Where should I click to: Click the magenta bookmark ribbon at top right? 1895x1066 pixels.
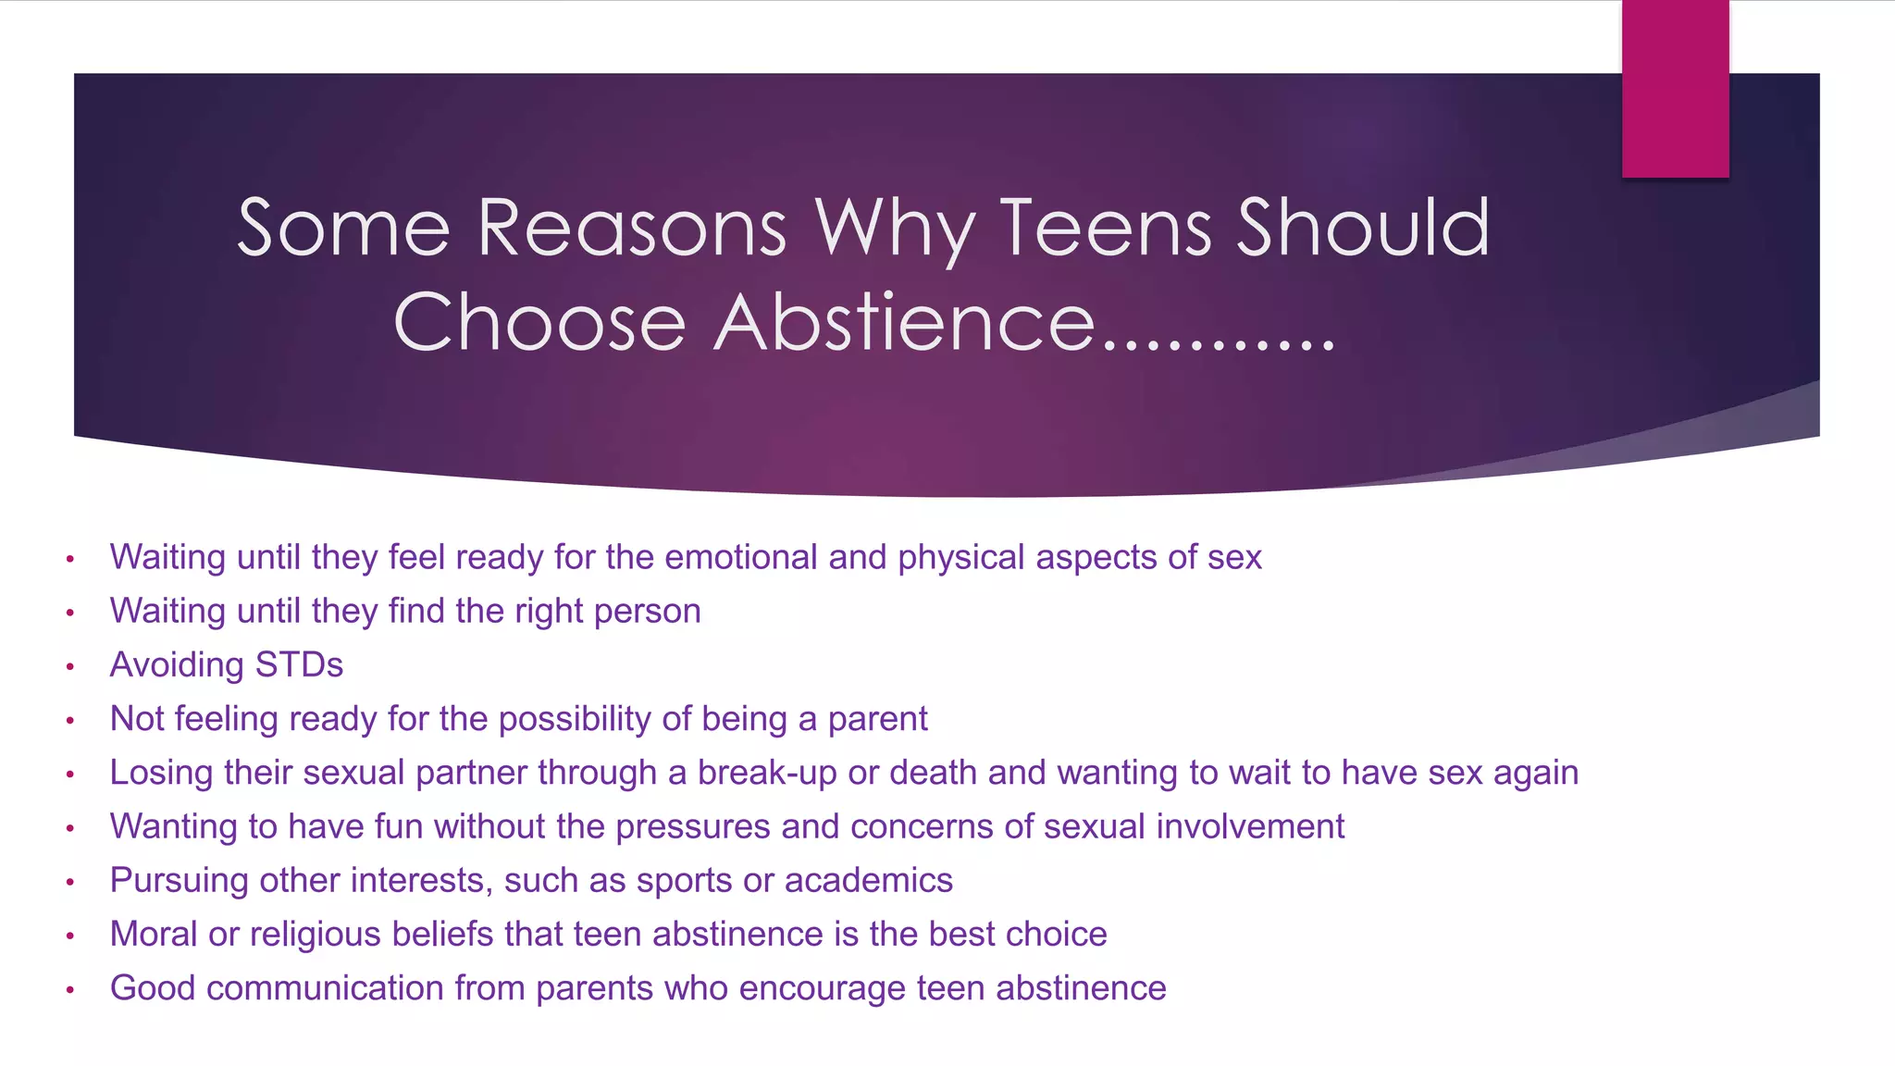click(x=1675, y=88)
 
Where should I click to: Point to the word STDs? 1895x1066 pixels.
click(x=299, y=665)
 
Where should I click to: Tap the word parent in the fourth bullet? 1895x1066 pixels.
click(x=877, y=719)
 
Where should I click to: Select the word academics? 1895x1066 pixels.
click(x=868, y=880)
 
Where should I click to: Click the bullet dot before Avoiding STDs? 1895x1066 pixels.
click(x=69, y=666)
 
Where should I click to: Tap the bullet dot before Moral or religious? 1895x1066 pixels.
click(x=69, y=936)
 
